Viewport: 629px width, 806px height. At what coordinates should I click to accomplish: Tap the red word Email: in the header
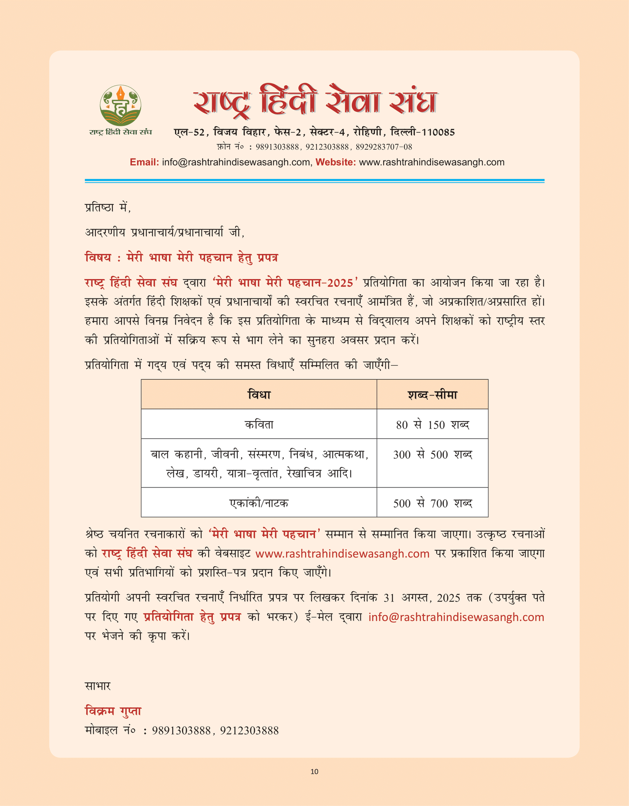[144, 162]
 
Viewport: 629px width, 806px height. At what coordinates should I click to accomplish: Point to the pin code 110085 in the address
[438, 132]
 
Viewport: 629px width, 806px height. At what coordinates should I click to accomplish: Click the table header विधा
[259, 394]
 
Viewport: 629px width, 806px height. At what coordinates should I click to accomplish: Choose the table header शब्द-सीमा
[432, 394]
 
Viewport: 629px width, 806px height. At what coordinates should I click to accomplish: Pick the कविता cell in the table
[259, 425]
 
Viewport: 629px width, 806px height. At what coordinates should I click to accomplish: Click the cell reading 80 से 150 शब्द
[432, 425]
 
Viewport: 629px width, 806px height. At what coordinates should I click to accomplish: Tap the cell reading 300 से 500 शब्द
[432, 455]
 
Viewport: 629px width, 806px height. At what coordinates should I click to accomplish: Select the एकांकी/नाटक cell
[259, 503]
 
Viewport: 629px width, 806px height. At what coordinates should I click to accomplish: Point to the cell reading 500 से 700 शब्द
[432, 503]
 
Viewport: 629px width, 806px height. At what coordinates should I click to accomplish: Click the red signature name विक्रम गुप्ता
[113, 711]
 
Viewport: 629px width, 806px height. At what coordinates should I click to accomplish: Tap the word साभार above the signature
[98, 686]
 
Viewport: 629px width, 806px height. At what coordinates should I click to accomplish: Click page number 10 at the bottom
[314, 771]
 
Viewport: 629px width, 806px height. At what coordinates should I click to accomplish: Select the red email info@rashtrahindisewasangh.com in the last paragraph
[456, 617]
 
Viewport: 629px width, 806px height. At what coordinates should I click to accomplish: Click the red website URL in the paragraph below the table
[342, 554]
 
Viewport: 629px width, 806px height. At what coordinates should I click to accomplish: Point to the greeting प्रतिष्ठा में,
[108, 207]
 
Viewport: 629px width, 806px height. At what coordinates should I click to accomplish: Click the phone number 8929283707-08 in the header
[384, 147]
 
